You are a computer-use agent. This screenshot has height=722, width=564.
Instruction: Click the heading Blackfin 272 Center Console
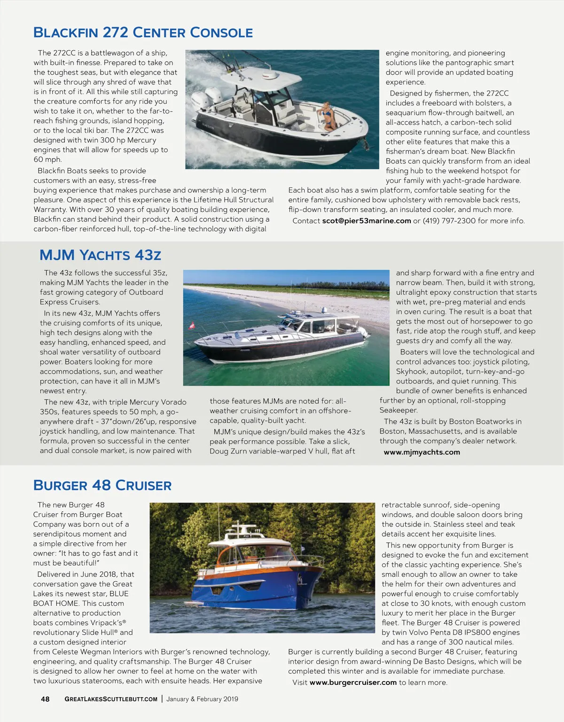[x=143, y=32]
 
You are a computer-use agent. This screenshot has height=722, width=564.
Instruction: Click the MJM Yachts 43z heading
[x=100, y=255]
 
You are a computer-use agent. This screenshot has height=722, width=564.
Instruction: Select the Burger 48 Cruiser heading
[x=102, y=485]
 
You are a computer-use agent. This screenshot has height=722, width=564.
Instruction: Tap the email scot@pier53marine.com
[x=366, y=221]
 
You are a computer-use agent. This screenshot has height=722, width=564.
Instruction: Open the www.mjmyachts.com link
[x=422, y=452]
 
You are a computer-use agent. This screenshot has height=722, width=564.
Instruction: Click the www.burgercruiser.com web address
[x=353, y=682]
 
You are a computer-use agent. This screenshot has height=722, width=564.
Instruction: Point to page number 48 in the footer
[x=45, y=699]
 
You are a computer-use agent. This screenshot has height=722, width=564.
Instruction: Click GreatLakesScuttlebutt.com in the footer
[x=111, y=699]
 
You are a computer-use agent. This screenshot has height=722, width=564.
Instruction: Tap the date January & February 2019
[x=202, y=699]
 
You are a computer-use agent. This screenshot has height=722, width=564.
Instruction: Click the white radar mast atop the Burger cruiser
[x=244, y=527]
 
